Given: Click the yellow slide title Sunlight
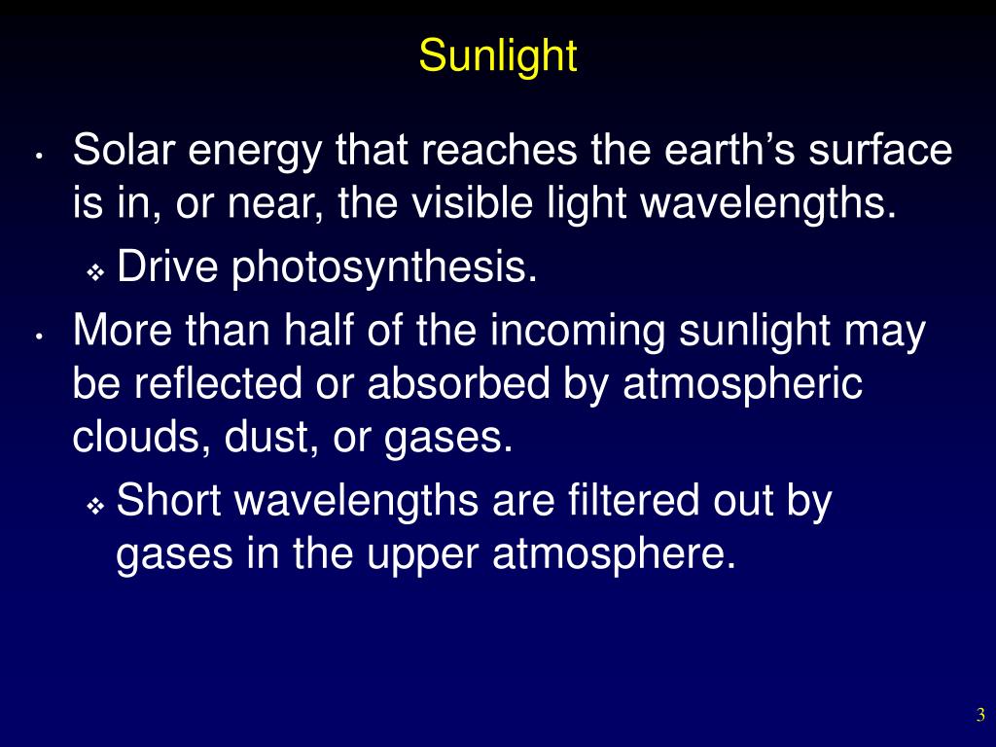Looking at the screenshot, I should [498, 56].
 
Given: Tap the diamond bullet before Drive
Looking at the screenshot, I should [95, 272].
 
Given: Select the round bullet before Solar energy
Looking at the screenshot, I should [36, 156].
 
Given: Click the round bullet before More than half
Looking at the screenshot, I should [36, 336].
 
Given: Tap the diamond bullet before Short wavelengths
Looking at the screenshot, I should [95, 506].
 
